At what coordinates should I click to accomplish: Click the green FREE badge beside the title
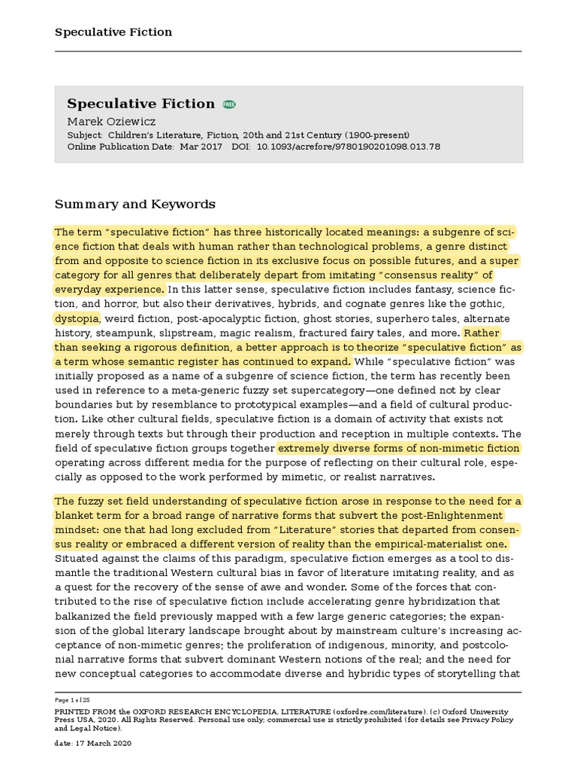tap(229, 104)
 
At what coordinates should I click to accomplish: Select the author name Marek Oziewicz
tap(111, 120)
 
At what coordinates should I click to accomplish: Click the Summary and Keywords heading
tap(135, 205)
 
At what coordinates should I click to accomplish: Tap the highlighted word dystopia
tap(77, 318)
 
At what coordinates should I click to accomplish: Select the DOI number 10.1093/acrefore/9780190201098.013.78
tap(349, 147)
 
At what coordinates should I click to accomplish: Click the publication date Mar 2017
tap(201, 147)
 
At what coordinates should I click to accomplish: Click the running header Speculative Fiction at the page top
tap(113, 32)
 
